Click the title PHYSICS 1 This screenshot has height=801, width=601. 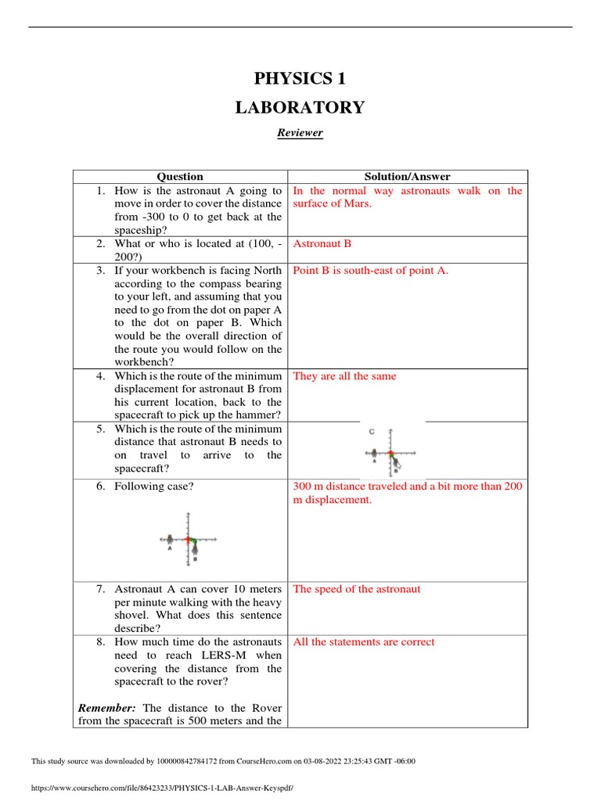300,78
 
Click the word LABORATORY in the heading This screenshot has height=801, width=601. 300,107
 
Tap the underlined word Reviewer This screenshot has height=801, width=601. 300,133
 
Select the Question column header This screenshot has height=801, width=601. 180,177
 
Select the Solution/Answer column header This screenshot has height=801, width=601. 408,177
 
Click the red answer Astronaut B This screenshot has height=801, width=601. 322,243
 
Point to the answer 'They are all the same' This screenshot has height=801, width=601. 344,376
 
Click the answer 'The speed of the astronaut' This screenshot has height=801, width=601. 356,589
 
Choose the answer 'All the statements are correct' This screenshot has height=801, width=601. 363,642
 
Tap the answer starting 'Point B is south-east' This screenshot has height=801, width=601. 370,271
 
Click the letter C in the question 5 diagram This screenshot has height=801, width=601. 372,432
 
